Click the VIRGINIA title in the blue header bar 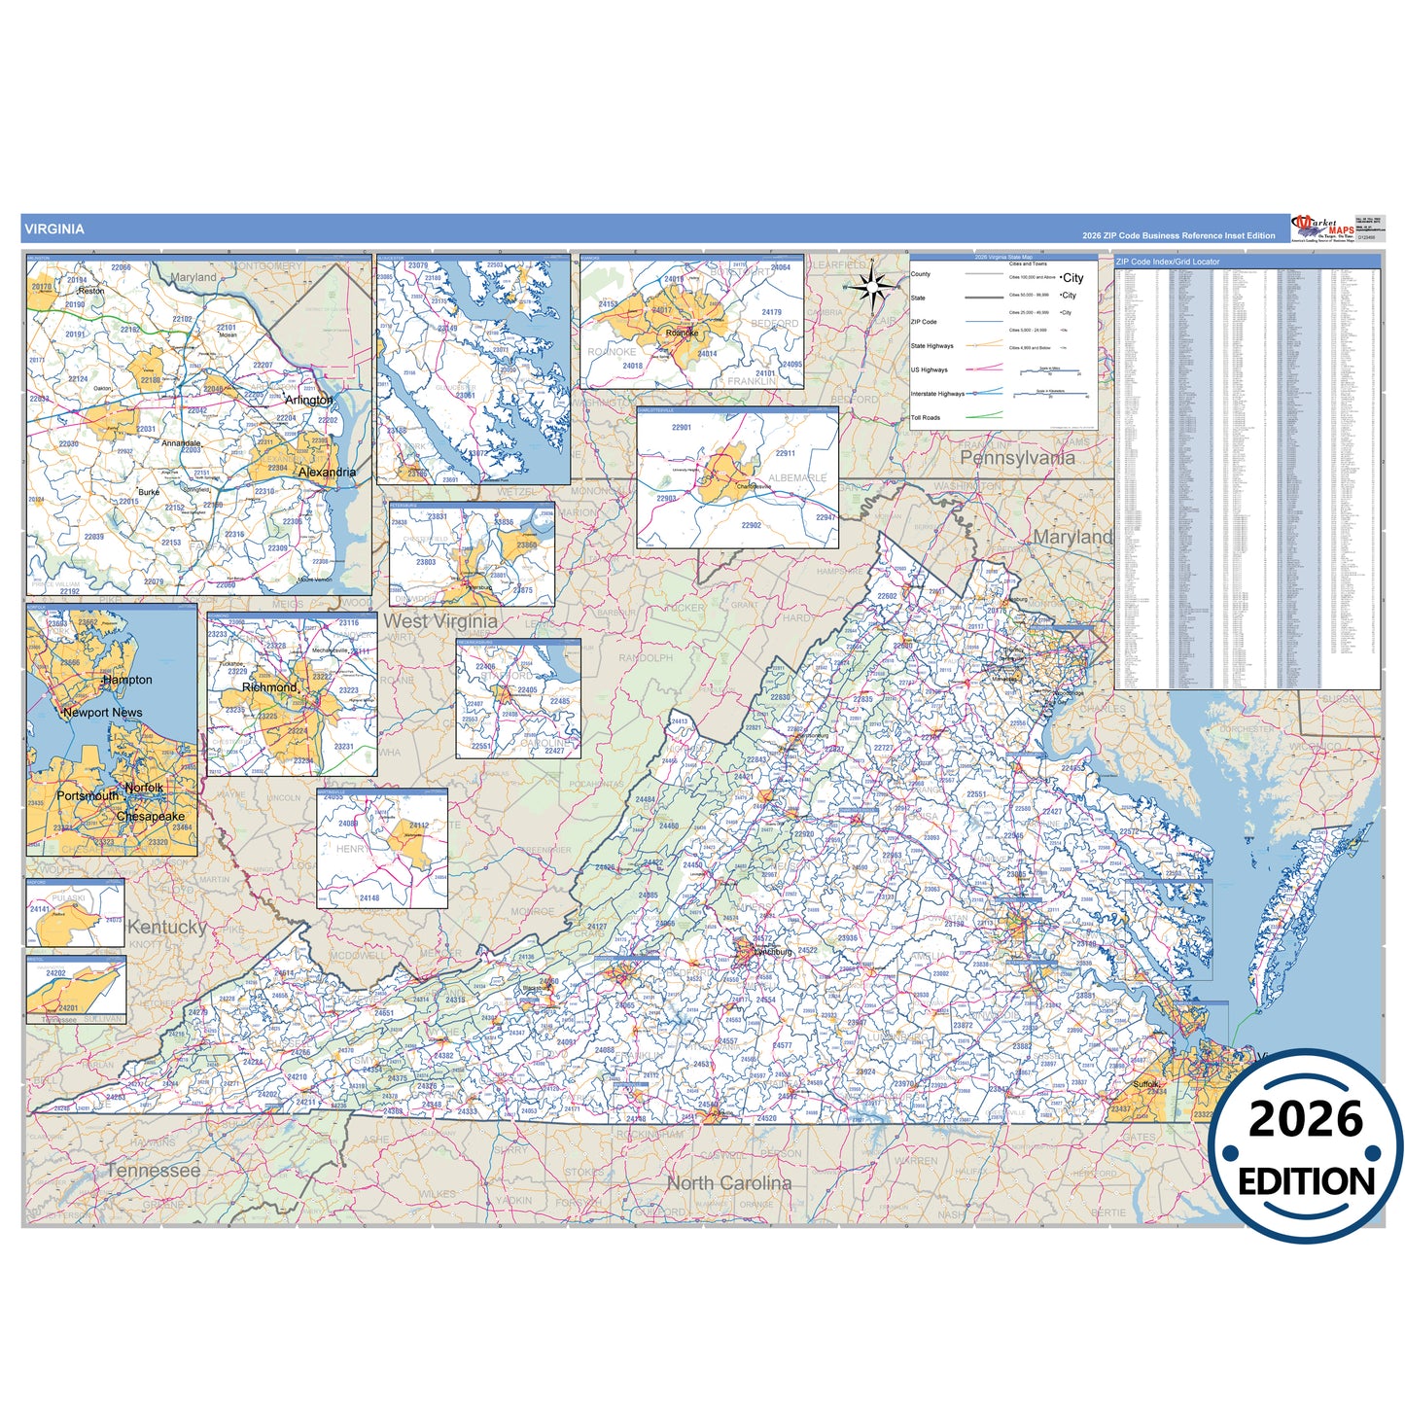tap(54, 229)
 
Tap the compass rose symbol tap(872, 286)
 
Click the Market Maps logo tap(1322, 228)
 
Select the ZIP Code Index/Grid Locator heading tap(1167, 262)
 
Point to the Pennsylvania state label tap(1017, 458)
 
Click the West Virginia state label tap(440, 621)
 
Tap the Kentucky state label tap(166, 927)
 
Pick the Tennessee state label tap(154, 1171)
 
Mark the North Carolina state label tap(729, 1183)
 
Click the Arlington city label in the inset tap(308, 400)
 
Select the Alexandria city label tap(327, 473)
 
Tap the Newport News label tap(102, 713)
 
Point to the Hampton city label tap(127, 680)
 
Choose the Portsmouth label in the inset tap(88, 795)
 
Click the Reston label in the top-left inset tap(91, 291)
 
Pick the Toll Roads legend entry tap(926, 418)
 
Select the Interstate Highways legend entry tap(937, 394)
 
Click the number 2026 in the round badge tap(1306, 1119)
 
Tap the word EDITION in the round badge tap(1306, 1181)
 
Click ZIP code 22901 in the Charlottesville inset tap(682, 427)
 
